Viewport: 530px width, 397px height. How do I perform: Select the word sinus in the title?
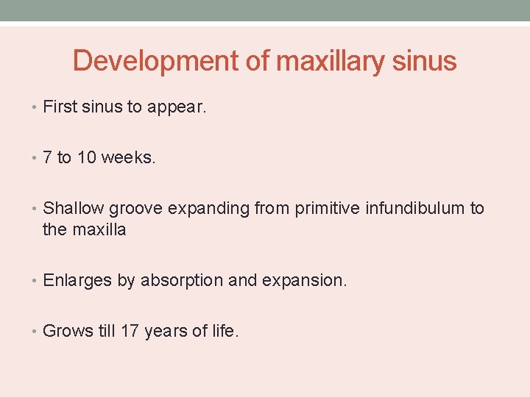coord(425,61)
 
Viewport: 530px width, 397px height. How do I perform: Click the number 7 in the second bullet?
coord(48,158)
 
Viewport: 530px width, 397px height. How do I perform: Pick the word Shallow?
coord(74,209)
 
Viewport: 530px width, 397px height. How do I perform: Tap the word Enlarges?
coord(77,280)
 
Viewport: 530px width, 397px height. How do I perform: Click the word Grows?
coord(68,331)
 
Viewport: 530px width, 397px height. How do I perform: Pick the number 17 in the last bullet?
coord(130,331)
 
